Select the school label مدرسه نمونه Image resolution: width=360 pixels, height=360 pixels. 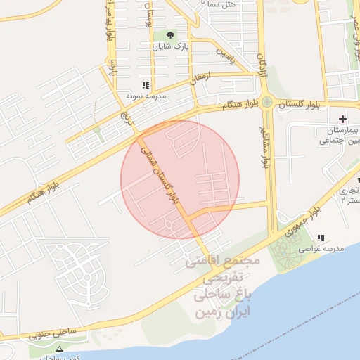pyautogui.click(x=145, y=94)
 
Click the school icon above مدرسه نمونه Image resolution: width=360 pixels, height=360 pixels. pyautogui.click(x=146, y=84)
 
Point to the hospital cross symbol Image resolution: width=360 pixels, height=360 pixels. pyautogui.click(x=342, y=119)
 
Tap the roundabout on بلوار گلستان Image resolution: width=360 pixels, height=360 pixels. pyautogui.click(x=267, y=102)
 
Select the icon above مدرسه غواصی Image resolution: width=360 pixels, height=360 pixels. pyautogui.click(x=321, y=238)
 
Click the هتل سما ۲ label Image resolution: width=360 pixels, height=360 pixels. pyautogui.click(x=214, y=4)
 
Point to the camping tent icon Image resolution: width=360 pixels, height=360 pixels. pyautogui.click(x=59, y=349)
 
